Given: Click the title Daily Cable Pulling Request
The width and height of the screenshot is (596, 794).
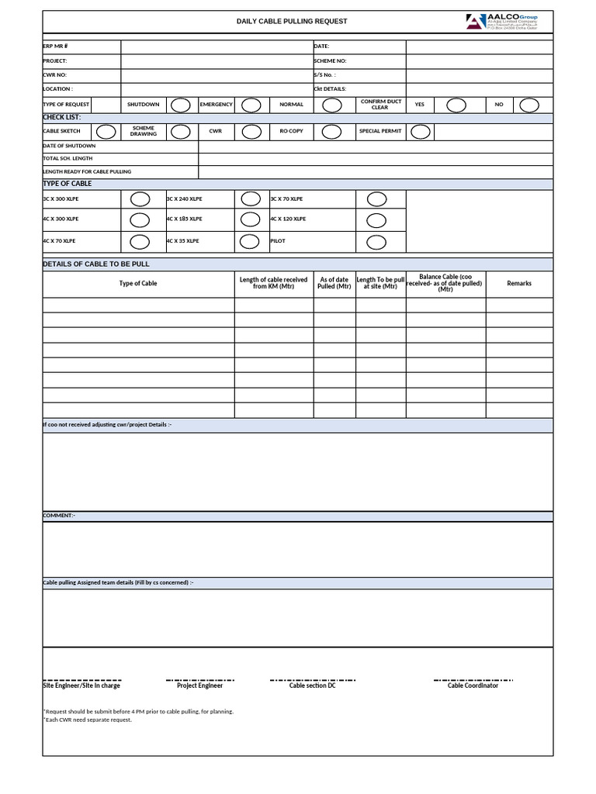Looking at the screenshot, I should click(292, 22).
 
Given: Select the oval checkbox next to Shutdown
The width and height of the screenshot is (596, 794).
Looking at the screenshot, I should click(180, 105).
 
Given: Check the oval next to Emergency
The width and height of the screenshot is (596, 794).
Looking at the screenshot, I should click(251, 105).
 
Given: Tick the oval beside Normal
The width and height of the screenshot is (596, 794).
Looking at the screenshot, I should click(332, 105).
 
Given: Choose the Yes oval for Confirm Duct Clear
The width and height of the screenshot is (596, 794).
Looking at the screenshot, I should click(456, 105).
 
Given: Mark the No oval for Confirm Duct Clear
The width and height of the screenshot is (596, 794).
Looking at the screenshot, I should click(529, 105).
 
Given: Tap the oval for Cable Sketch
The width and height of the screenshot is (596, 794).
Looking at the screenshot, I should click(107, 132).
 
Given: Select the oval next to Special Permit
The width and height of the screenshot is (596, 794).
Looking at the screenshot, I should click(421, 132).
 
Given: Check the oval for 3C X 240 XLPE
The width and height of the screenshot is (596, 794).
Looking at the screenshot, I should click(249, 199).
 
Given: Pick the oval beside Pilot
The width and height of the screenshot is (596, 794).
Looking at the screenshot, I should click(376, 242).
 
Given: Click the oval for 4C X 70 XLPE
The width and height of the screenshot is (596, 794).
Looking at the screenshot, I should click(140, 242).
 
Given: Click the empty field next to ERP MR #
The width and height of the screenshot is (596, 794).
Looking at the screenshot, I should click(216, 47).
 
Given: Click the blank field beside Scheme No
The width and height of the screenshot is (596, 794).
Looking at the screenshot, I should click(479, 60).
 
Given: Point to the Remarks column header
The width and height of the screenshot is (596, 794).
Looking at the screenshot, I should click(519, 284).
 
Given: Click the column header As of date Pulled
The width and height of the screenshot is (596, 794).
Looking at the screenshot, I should click(334, 283).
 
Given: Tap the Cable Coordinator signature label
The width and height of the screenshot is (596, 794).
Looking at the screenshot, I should click(473, 685).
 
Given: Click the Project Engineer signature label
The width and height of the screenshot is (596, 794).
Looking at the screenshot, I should click(199, 685).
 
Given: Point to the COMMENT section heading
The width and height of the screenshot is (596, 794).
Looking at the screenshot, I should click(58, 516).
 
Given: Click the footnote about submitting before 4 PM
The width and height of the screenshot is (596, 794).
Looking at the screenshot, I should click(138, 711).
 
